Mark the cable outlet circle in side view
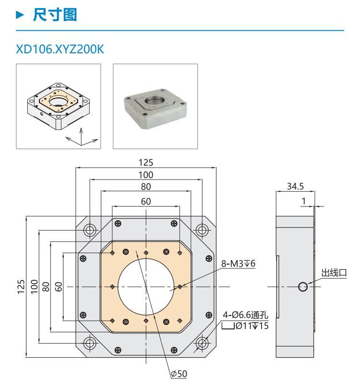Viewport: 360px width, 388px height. tap(302, 287)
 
